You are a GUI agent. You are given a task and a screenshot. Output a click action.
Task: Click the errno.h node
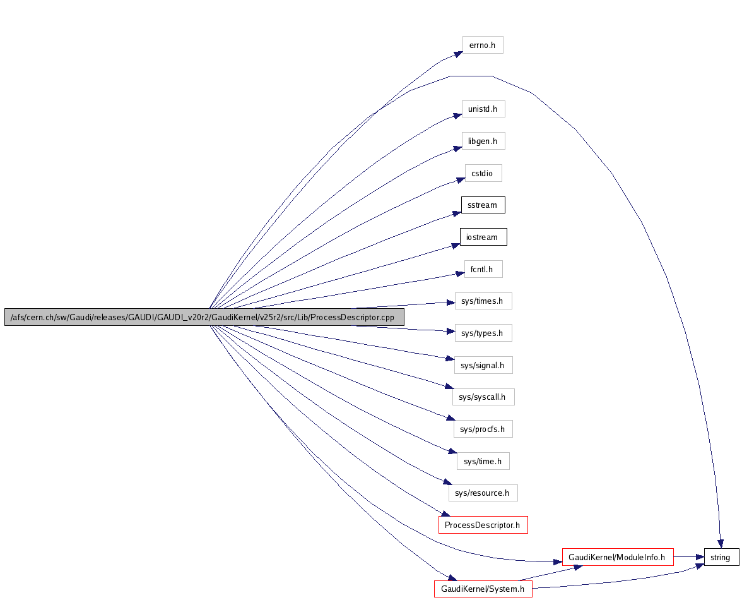coord(483,45)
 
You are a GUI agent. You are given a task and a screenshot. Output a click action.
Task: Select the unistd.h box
coord(483,109)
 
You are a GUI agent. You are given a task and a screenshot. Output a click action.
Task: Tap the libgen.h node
coord(483,141)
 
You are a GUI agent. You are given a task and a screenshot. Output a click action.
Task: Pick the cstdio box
coord(483,173)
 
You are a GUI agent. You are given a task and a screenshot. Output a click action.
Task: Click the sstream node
coord(483,205)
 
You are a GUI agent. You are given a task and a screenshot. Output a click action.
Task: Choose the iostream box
coord(483,237)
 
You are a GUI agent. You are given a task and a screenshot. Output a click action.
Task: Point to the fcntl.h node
coord(483,270)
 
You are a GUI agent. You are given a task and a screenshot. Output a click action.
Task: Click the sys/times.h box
coord(483,301)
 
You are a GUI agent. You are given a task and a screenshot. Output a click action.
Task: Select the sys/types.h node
coord(483,333)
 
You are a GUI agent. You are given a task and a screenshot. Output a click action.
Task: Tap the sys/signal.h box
coord(483,365)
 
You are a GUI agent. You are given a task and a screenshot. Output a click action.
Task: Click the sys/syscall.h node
coord(483,397)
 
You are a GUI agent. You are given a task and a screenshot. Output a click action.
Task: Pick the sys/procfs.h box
coord(483,429)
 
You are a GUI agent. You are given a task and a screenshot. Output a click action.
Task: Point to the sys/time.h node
coord(483,462)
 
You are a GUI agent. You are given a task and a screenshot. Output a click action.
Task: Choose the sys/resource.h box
coord(483,493)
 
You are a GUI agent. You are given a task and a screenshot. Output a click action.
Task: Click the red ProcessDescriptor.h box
coord(483,525)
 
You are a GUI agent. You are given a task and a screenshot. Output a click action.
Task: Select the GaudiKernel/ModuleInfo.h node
coord(618,558)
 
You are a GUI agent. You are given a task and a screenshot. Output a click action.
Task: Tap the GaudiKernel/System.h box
coord(483,589)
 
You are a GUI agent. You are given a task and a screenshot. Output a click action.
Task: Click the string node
coord(721,558)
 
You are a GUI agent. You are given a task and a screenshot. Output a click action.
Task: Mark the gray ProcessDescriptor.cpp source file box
coord(204,318)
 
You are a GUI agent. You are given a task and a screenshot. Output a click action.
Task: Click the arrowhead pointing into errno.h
coord(457,54)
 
